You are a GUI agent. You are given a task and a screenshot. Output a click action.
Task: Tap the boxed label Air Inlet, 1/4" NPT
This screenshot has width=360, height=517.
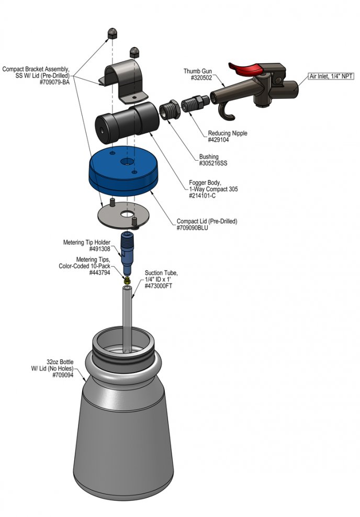331,76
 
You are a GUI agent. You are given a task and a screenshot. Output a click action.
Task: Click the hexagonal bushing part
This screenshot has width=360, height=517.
170,110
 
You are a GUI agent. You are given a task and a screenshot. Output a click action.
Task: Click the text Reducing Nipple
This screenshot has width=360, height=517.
228,133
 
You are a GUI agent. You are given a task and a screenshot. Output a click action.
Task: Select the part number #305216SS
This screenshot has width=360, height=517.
213,163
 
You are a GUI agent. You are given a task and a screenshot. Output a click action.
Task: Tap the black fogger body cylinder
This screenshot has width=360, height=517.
127,122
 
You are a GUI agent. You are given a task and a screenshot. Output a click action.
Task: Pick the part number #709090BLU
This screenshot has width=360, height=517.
192,228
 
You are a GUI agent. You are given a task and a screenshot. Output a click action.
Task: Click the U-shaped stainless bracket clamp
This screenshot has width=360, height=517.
125,83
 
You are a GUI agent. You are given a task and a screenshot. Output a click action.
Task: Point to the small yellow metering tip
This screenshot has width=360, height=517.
127,280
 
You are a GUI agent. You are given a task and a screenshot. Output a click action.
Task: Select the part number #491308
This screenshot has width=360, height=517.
99,249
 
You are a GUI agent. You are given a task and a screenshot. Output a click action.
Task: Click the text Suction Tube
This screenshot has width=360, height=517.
161,273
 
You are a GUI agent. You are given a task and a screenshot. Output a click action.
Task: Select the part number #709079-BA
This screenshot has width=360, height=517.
54,83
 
